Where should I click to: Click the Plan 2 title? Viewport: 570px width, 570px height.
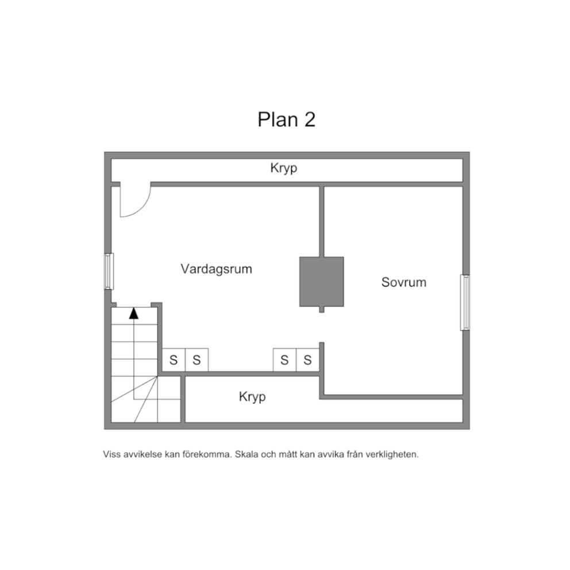pyautogui.click(x=287, y=120)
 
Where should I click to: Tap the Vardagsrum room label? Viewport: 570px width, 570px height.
pyautogui.click(x=216, y=269)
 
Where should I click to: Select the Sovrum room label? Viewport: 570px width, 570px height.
pyautogui.click(x=403, y=282)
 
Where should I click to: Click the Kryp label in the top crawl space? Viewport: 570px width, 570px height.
pyautogui.click(x=283, y=168)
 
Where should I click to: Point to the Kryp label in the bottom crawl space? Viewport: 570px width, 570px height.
pyautogui.click(x=252, y=396)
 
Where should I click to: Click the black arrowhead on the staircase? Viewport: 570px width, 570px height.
pyautogui.click(x=134, y=313)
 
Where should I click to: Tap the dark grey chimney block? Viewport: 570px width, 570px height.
pyautogui.click(x=321, y=282)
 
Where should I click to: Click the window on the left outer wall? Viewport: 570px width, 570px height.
pyautogui.click(x=109, y=271)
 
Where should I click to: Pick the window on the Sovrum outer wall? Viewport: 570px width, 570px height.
pyautogui.click(x=465, y=302)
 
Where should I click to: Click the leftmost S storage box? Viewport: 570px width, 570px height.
pyautogui.click(x=174, y=360)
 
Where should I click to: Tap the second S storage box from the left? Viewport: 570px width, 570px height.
pyautogui.click(x=197, y=360)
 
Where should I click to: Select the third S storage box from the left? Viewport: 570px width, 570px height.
pyautogui.click(x=284, y=360)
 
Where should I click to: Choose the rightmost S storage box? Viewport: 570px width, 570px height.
pyautogui.click(x=307, y=360)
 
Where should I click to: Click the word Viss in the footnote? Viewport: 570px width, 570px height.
pyautogui.click(x=112, y=455)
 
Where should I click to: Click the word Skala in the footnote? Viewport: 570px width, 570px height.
pyautogui.click(x=245, y=455)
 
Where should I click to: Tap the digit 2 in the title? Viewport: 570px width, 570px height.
pyautogui.click(x=310, y=120)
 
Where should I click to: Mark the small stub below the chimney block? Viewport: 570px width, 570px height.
pyautogui.click(x=321, y=309)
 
